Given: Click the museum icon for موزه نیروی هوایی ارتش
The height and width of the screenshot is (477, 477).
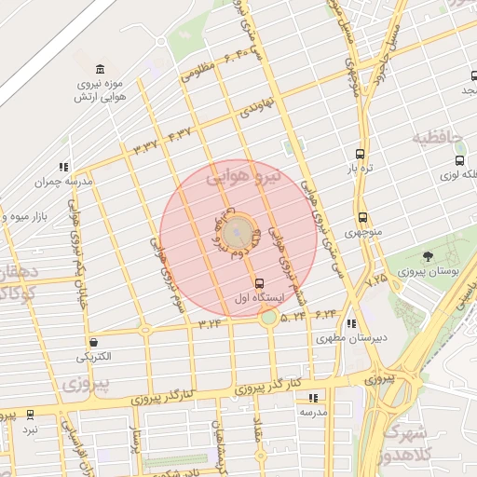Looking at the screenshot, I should click(x=99, y=69).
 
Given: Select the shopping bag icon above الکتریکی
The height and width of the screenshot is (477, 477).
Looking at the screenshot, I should click(x=93, y=342).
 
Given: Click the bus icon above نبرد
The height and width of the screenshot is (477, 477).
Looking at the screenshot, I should click(x=31, y=414).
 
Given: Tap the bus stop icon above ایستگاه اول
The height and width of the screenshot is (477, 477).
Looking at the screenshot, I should click(x=259, y=282).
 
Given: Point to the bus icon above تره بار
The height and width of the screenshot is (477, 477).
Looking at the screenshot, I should click(x=360, y=154).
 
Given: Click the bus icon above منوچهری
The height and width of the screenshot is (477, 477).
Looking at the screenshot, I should click(x=362, y=218).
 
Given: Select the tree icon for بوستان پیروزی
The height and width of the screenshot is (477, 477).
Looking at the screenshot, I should click(x=428, y=256).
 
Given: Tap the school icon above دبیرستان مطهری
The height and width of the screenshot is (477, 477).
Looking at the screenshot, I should click(x=350, y=323).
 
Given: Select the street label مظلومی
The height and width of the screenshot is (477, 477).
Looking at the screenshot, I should click(x=198, y=72).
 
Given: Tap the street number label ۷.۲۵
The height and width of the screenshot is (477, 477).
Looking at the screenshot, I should click(x=376, y=279).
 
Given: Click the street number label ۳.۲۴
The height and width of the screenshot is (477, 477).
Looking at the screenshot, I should click(x=210, y=323).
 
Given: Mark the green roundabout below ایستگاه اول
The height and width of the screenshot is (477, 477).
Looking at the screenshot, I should click(x=268, y=318).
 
